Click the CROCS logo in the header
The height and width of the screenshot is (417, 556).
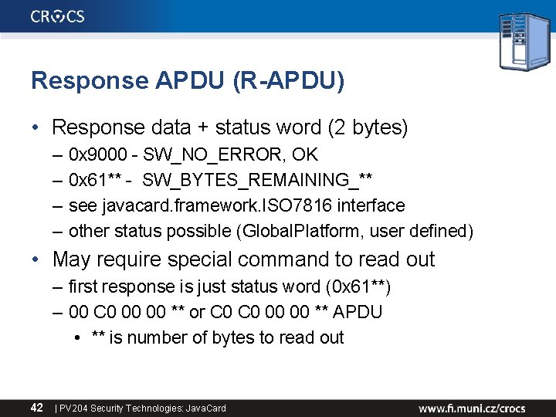point(58,16)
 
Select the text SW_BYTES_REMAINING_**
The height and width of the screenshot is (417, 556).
point(258,180)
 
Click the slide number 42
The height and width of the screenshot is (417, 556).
point(37,407)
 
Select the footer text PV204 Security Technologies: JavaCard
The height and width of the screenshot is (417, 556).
point(143,408)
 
